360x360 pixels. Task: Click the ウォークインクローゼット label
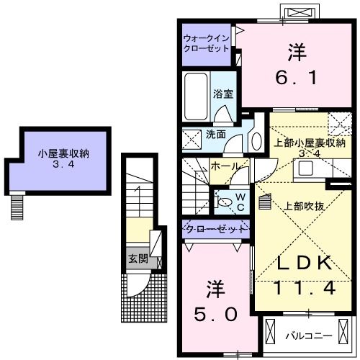(206, 42)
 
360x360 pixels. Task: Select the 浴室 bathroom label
(223, 94)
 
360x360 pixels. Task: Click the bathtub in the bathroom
(195, 98)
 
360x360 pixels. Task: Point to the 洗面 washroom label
(216, 134)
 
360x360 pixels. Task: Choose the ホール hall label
(225, 166)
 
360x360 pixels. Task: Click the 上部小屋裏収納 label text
(303, 142)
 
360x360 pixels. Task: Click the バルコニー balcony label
(307, 335)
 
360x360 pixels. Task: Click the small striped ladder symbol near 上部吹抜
(264, 202)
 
